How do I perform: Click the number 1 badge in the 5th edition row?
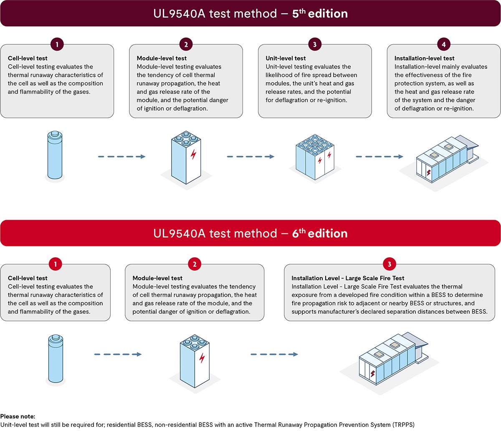tap(57, 44)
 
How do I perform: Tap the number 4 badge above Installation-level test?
tap(443, 44)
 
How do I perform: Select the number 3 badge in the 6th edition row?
tap(390, 264)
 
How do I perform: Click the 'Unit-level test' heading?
tap(286, 58)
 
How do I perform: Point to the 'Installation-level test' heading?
tap(424, 58)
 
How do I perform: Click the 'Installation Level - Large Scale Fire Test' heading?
tap(348, 278)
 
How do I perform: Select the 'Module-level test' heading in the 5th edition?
tap(162, 58)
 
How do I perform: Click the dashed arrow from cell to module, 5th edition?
tap(121, 157)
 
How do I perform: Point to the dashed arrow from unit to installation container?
tap(379, 157)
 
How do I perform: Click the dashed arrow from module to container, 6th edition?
tap(274, 355)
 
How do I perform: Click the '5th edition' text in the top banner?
tap(320, 14)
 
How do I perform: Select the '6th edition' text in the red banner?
tap(320, 233)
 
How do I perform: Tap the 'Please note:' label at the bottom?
tap(18, 416)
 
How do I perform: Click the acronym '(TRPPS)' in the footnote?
tap(403, 425)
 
